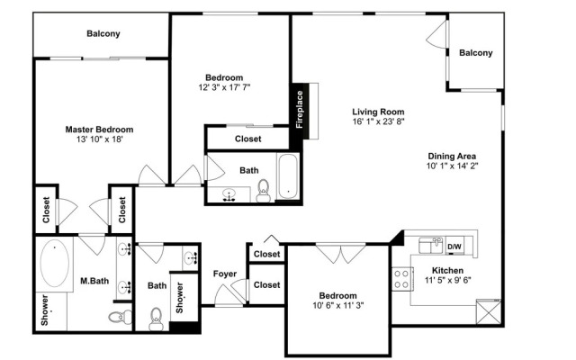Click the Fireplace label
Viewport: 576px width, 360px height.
coord(300,110)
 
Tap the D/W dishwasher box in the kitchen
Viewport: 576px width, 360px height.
coord(454,247)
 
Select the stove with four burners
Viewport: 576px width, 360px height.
coord(401,279)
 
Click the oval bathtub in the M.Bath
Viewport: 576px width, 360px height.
coord(54,263)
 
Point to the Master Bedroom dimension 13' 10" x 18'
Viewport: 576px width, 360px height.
coord(99,139)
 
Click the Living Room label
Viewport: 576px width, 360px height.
coord(378,112)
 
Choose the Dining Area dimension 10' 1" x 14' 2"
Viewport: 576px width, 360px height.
coord(452,166)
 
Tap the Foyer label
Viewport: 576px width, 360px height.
coord(225,274)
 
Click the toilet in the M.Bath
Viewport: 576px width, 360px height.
coord(121,317)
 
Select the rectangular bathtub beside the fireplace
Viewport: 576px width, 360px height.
coord(288,176)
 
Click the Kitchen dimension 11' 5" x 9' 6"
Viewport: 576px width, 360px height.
coord(448,280)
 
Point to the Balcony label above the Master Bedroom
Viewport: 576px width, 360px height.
coord(103,34)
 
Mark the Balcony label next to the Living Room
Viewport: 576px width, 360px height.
coord(476,53)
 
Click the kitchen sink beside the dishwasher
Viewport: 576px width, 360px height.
coord(431,246)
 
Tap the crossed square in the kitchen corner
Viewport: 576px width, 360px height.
coord(489,312)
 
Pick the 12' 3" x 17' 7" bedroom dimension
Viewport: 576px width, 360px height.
coord(224,87)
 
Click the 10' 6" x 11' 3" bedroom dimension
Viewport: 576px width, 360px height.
coord(338,305)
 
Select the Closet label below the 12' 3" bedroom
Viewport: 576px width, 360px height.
coord(248,139)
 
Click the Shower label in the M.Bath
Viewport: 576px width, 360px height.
coord(45,310)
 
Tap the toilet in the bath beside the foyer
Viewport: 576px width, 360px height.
coord(156,319)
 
